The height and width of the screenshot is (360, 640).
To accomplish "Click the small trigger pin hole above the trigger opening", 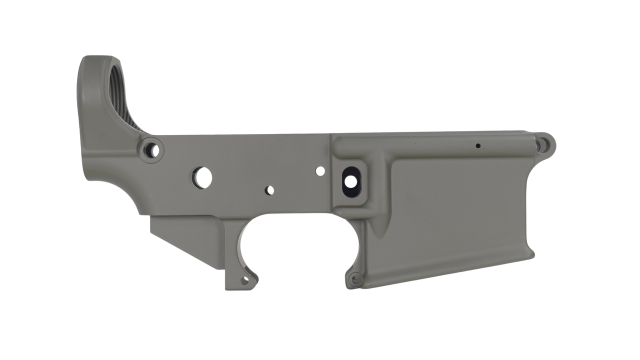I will pos(270,190).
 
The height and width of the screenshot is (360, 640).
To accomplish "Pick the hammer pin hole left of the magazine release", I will pos(320,171).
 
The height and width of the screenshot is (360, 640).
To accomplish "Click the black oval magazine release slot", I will pos(352,179).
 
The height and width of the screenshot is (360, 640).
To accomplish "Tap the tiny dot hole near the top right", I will pos(478,146).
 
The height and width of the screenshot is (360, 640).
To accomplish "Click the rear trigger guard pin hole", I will pos(245,280).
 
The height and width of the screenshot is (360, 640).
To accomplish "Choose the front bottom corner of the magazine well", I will pos(530,252).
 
